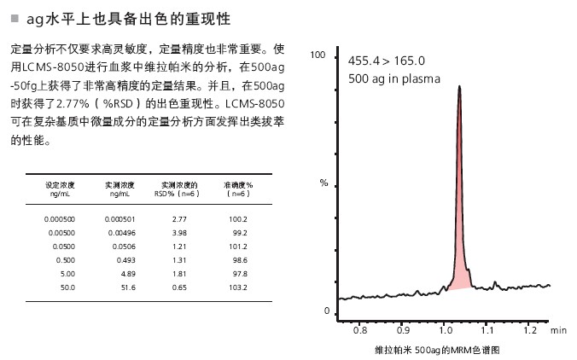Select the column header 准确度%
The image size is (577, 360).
pyautogui.click(x=238, y=184)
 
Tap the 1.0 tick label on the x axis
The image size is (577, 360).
pyautogui.click(x=444, y=328)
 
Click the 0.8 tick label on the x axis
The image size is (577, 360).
pyautogui.click(x=359, y=328)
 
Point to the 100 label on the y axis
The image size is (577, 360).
pyautogui.click(x=319, y=55)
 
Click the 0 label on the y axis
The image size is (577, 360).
pyautogui.click(x=325, y=311)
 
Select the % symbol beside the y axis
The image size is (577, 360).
pyautogui.click(x=323, y=183)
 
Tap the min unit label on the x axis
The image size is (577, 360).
pyautogui.click(x=558, y=328)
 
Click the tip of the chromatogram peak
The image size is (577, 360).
pyautogui.click(x=459, y=86)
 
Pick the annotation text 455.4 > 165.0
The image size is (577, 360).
pyautogui.click(x=387, y=61)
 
